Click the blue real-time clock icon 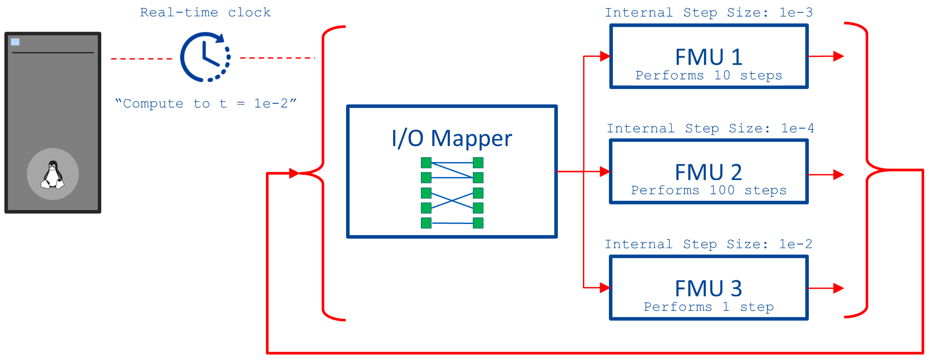tap(205, 57)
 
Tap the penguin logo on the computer tap(53, 174)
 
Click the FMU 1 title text tap(709, 57)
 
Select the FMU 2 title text tap(708, 172)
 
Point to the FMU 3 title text tap(708, 289)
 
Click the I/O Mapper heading tap(452, 138)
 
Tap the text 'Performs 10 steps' tap(709, 76)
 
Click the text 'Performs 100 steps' tap(708, 191)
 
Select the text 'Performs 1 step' tap(708, 307)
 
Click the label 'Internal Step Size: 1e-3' tap(708, 13)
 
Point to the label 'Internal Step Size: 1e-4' tap(710, 129)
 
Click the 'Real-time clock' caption tap(205, 13)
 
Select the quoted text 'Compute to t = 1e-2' tap(206, 104)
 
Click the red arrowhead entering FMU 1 tap(605, 56)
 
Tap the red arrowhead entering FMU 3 tap(605, 288)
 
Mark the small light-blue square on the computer tap(15, 42)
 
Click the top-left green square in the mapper tap(426, 163)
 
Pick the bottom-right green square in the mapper tap(478, 223)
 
